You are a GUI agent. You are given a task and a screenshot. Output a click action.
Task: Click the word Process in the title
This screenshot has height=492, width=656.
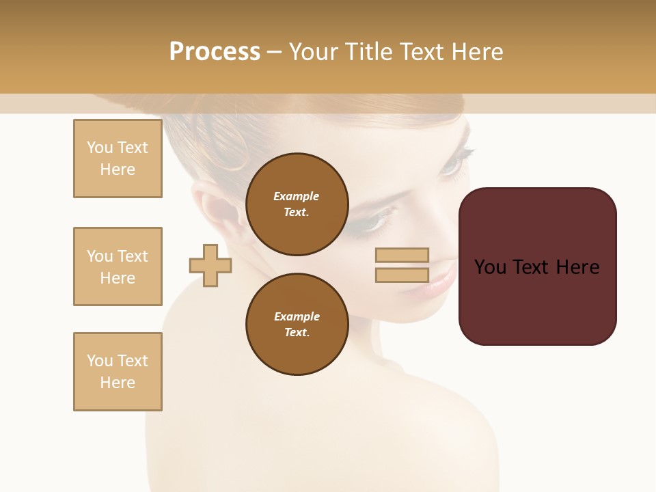(215, 51)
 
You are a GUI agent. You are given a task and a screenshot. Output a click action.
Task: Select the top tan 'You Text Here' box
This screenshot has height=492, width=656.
(118, 159)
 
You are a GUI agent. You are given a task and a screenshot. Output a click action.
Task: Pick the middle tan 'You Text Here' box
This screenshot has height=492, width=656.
(118, 266)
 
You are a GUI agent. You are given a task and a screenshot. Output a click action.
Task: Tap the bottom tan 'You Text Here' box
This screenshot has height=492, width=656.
(118, 372)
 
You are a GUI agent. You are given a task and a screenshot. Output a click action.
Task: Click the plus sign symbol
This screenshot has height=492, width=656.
(210, 265)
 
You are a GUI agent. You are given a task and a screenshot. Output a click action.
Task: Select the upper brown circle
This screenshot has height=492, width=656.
(297, 204)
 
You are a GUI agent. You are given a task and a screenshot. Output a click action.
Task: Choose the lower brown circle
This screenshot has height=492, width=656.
(297, 324)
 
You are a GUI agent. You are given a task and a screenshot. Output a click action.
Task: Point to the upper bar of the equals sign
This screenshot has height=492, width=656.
(402, 255)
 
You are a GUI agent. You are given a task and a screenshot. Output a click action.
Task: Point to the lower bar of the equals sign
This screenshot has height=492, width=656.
(402, 275)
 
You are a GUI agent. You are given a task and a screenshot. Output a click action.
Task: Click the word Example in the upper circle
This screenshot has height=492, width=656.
(297, 196)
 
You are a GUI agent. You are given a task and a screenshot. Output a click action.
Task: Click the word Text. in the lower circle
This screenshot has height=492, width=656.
(297, 332)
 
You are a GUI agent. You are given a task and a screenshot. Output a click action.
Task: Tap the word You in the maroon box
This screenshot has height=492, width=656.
(490, 267)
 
